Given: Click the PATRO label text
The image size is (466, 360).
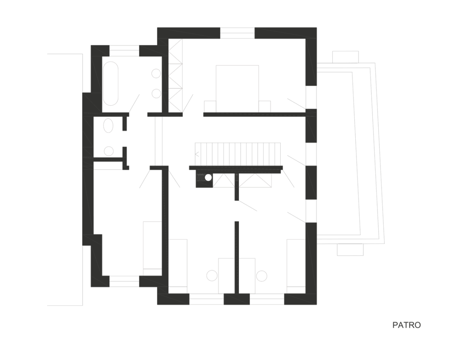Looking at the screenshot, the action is pos(406,325).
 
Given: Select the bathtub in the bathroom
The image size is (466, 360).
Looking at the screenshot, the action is pos(111,83).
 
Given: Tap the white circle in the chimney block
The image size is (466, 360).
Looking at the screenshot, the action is pos(208,177).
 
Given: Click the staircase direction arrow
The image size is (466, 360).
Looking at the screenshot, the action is pos(197,154).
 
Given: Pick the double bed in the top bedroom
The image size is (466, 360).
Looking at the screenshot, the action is pos(237,89).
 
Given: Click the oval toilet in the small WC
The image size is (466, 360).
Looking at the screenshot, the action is pos(108,125).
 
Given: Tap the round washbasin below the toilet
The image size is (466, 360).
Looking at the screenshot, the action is pos(109,151).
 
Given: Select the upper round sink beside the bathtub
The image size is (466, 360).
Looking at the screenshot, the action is pos(156,73).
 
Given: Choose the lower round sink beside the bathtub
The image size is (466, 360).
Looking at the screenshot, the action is pos(156,94).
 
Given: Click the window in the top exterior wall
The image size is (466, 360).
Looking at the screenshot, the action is pos(237,33).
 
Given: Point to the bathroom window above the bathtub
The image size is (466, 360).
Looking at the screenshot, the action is pos(124,50).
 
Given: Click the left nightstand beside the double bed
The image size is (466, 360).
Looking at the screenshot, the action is pos(210,106).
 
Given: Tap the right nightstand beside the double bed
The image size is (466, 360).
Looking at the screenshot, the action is pos(264,106).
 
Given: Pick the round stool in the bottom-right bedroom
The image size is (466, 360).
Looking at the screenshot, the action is pos(262,276).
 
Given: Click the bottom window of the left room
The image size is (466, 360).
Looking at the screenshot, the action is pos(124,281).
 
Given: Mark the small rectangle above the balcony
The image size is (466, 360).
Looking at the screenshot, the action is pos(346,57).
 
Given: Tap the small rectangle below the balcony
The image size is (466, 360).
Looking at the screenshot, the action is pos(350,250).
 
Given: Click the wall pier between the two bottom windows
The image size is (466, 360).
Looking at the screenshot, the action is pos(237,299).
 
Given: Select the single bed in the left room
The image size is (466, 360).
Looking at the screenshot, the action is pos(152,248).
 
